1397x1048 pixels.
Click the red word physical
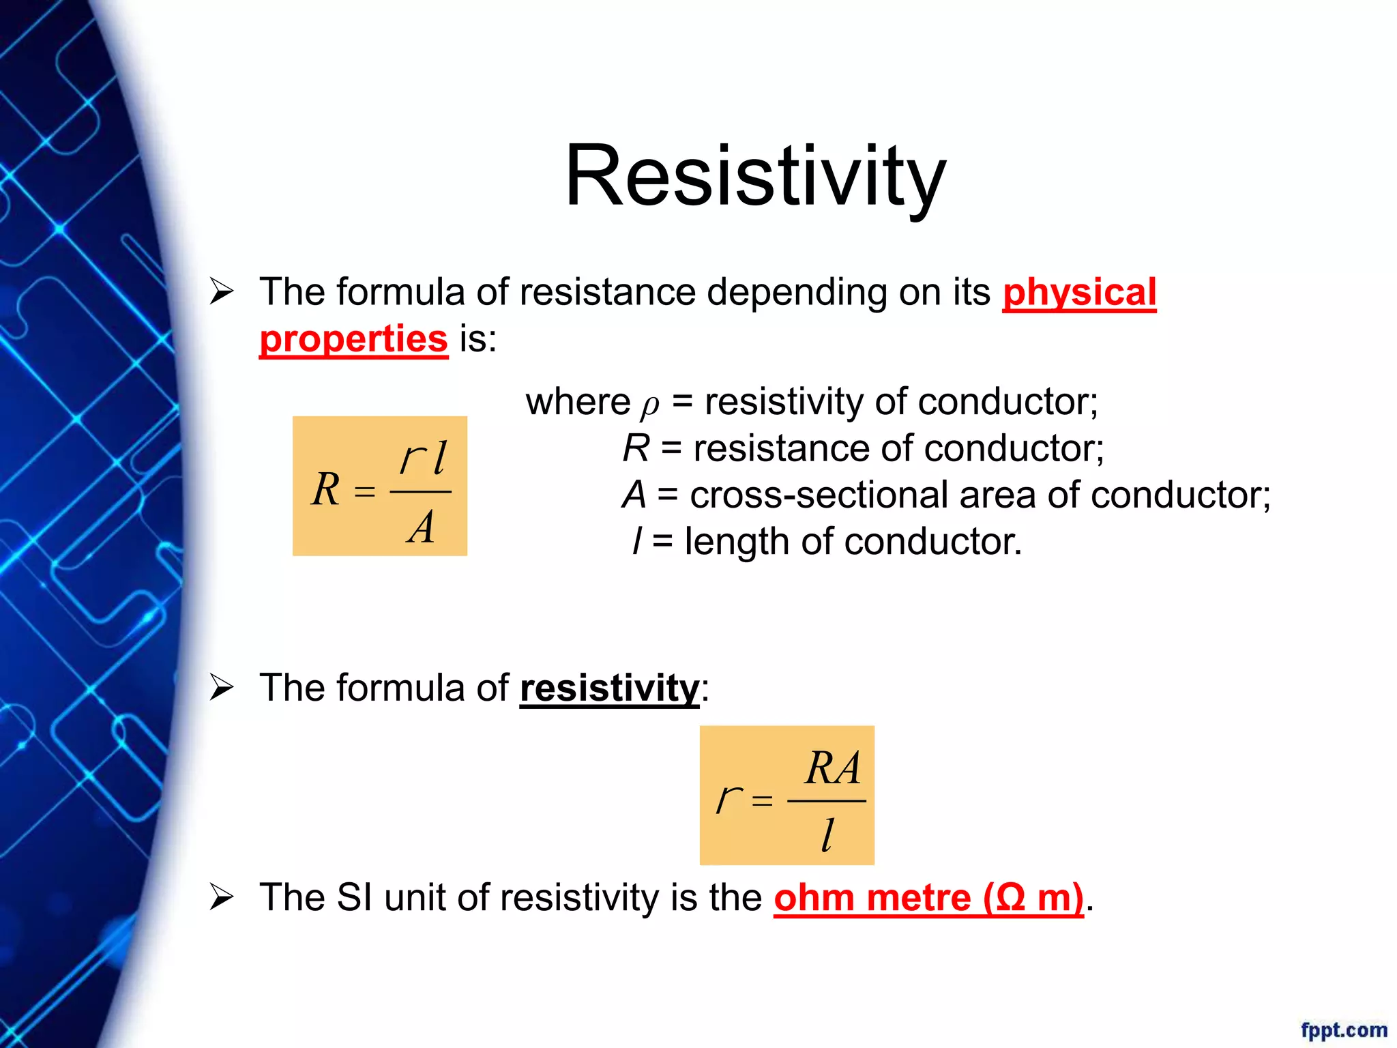click(x=1079, y=293)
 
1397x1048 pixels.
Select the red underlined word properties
click(x=353, y=340)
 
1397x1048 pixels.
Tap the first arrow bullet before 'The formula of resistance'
click(x=222, y=292)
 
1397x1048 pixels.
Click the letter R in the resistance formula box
click(x=326, y=489)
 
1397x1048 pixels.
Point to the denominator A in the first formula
click(x=422, y=527)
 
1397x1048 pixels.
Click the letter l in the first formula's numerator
click(x=440, y=457)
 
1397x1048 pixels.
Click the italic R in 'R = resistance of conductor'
click(x=636, y=449)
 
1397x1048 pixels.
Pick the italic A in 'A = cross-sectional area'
click(x=634, y=495)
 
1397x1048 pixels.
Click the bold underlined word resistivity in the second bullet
click(x=609, y=688)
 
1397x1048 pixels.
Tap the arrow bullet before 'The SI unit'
click(x=222, y=897)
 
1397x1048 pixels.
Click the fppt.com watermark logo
click(x=1343, y=1030)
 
